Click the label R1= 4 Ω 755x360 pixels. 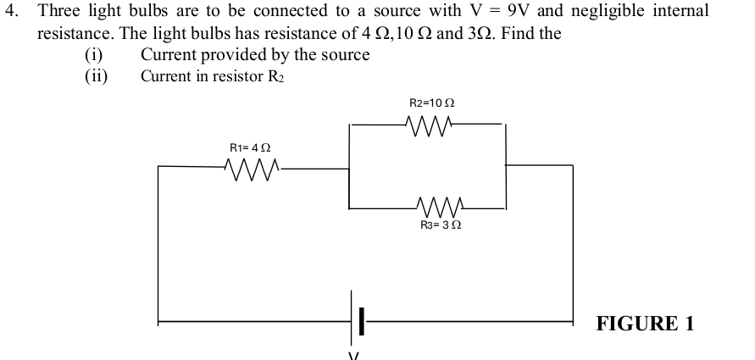(251, 147)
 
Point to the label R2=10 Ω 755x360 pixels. (432, 102)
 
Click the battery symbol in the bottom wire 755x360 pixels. (357, 321)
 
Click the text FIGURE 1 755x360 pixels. (646, 324)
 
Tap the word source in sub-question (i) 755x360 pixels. (344, 55)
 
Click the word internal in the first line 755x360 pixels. (680, 12)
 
